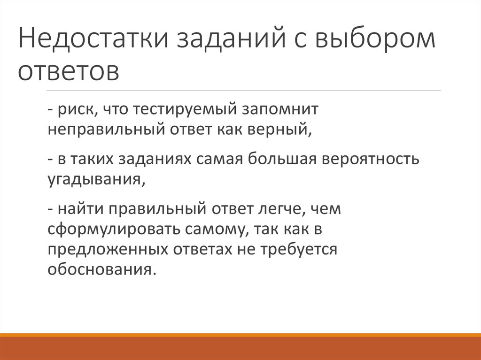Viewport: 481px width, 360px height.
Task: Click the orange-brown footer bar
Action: [x=240, y=348]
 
